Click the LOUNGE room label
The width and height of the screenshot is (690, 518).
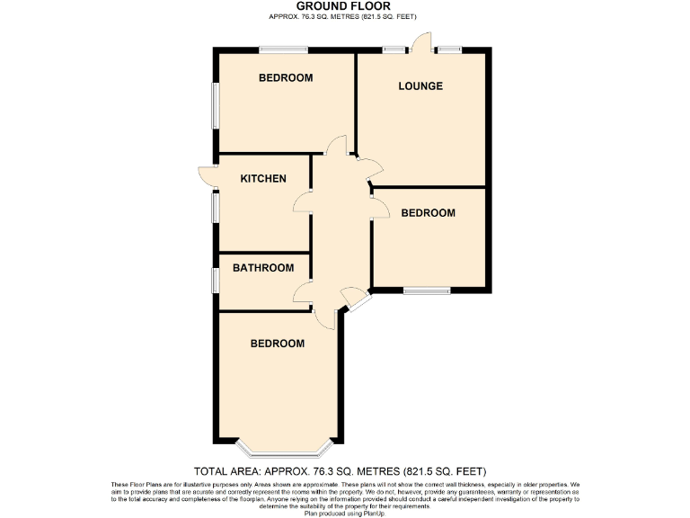click(420, 86)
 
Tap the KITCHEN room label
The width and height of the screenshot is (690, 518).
click(263, 178)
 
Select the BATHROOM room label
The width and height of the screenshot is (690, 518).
click(263, 268)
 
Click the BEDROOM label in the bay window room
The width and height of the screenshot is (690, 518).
click(277, 344)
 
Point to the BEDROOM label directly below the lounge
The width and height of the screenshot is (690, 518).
click(428, 213)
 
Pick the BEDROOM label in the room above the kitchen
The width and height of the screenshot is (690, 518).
click(286, 78)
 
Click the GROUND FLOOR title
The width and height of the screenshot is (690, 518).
click(345, 5)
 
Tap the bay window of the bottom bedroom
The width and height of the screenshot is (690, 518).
click(285, 447)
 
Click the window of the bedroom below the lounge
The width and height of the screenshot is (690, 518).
click(426, 290)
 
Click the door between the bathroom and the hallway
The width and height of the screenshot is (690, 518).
click(302, 291)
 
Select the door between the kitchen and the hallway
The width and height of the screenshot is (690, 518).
click(302, 203)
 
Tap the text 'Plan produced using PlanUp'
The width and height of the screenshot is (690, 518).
click(345, 512)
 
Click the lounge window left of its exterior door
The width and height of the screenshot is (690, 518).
click(392, 49)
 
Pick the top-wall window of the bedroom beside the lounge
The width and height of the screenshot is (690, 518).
click(284, 49)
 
